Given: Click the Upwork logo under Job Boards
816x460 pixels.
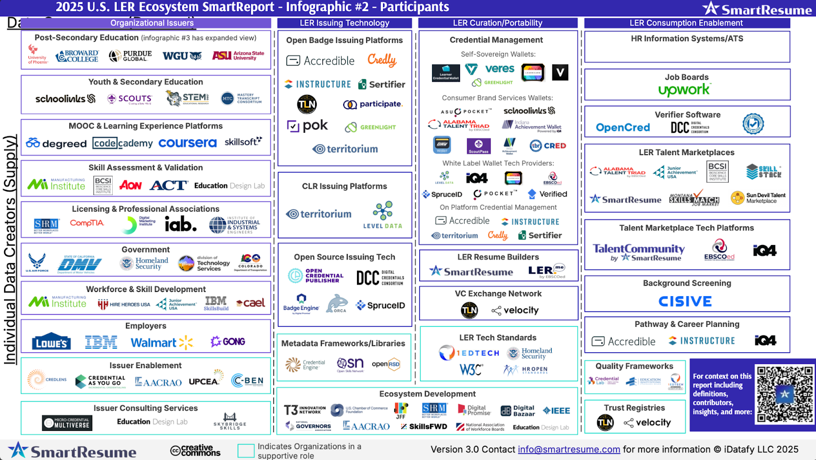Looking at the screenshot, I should click(x=684, y=90).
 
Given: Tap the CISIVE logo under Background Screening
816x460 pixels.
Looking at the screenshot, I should click(x=685, y=302).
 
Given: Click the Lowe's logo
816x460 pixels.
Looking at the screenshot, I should click(x=51, y=343).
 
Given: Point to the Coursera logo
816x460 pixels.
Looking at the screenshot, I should click(x=187, y=143).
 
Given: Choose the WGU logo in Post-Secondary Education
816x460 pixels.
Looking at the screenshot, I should click(x=182, y=56).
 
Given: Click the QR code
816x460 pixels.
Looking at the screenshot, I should click(x=784, y=394).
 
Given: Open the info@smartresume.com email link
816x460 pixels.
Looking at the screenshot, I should click(x=569, y=449).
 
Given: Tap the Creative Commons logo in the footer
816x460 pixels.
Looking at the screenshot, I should click(x=195, y=450).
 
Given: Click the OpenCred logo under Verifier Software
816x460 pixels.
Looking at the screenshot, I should click(x=623, y=128).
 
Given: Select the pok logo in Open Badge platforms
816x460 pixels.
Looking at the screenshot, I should click(x=308, y=126).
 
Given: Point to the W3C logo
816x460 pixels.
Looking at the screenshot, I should click(x=471, y=370).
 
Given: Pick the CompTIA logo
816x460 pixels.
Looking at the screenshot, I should click(x=87, y=223).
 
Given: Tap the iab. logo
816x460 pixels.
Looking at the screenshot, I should click(x=180, y=224).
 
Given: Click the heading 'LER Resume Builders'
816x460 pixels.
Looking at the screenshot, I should click(x=498, y=257).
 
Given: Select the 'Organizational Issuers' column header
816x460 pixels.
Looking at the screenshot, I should click(x=151, y=23).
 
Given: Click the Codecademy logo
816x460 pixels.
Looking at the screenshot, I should click(x=122, y=143).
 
